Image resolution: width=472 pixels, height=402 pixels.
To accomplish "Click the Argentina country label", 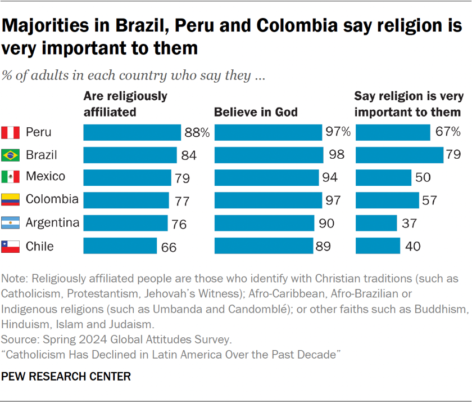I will [x=52, y=223].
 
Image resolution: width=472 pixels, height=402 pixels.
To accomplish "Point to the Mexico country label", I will [x=46, y=177].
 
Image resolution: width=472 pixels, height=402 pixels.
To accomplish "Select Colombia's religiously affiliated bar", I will [x=126, y=200].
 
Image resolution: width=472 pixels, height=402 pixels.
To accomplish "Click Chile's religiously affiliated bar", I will [x=120, y=246].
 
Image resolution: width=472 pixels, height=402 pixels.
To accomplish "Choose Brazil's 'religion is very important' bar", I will [x=400, y=155].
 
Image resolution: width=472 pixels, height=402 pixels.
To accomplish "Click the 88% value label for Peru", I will [x=197, y=133].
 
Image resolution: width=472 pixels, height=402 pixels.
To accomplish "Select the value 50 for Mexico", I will [x=423, y=177].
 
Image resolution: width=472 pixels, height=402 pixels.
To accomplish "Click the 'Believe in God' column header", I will [x=256, y=112].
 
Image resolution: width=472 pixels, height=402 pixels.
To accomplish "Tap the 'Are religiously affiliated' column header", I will [x=125, y=104].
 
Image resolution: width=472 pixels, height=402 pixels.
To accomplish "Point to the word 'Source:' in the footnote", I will [x=19, y=340].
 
